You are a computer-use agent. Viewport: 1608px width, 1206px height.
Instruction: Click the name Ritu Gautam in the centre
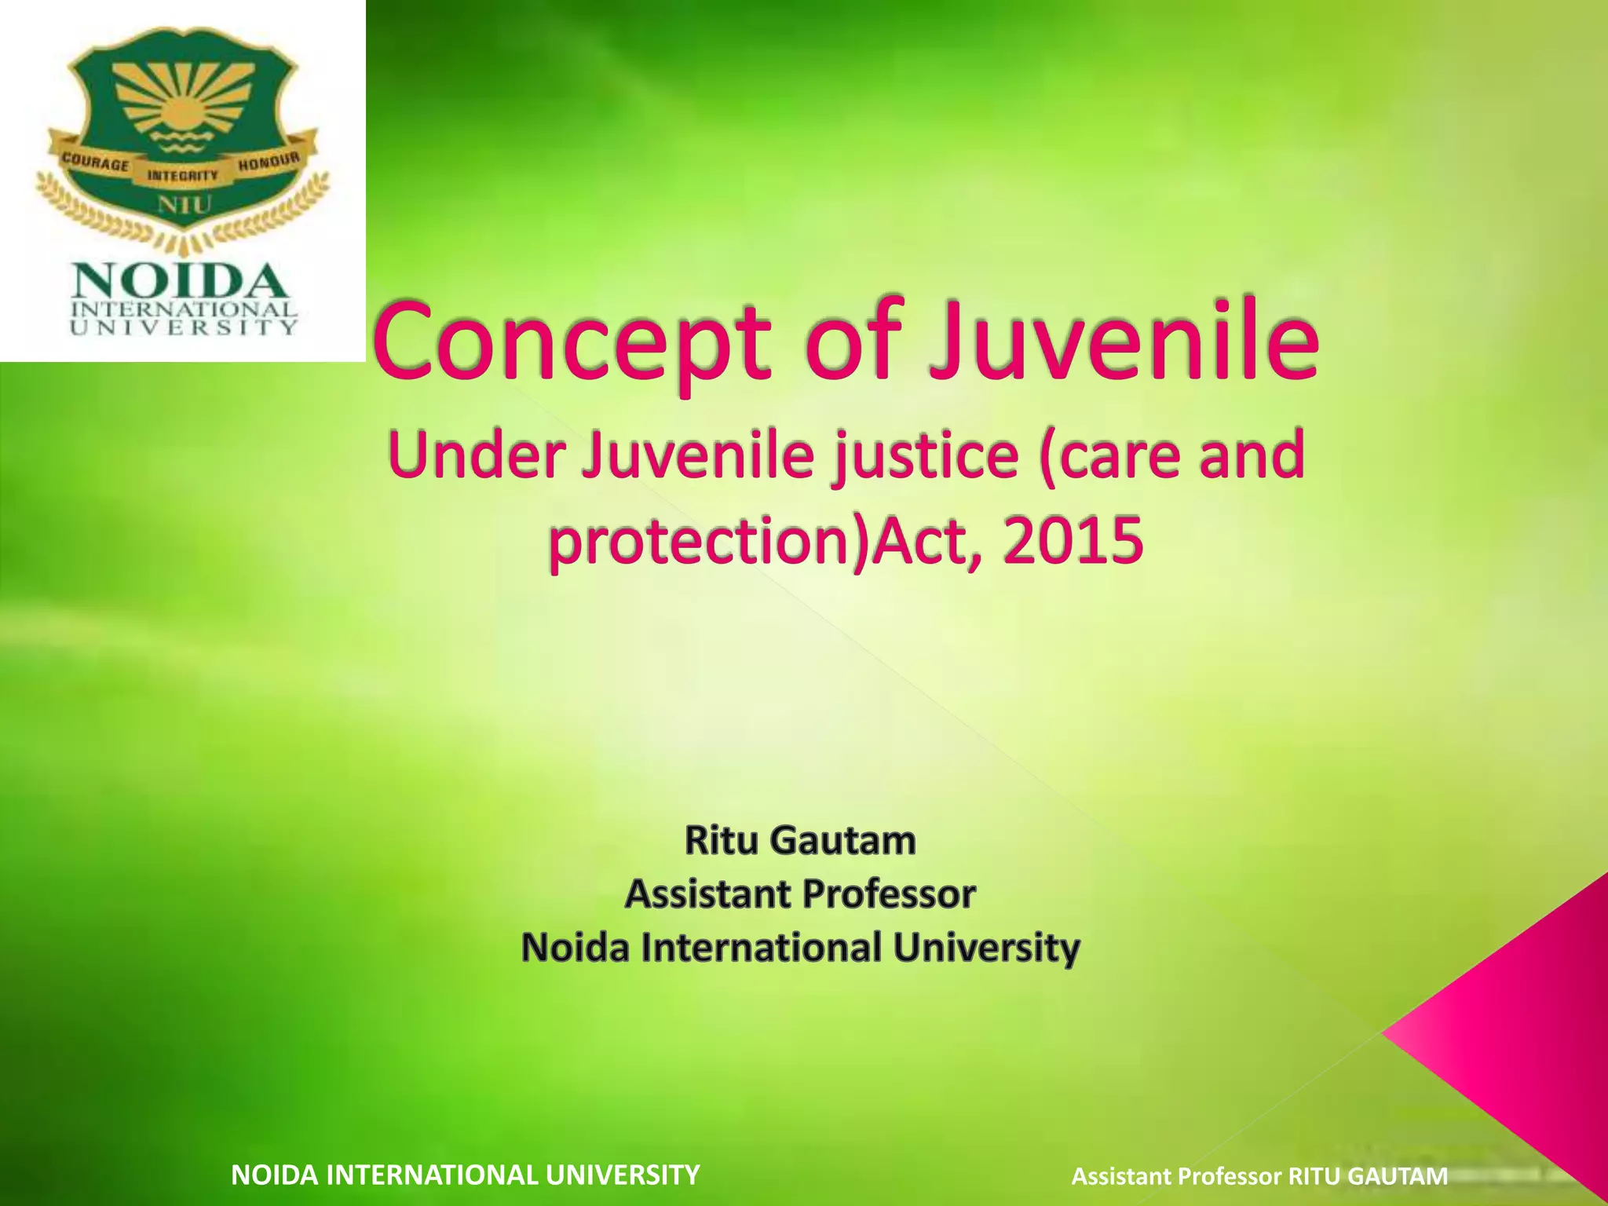(x=800, y=841)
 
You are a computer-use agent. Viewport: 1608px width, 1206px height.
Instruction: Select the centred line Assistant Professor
(x=800, y=894)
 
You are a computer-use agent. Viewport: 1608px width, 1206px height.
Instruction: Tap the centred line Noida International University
(x=800, y=947)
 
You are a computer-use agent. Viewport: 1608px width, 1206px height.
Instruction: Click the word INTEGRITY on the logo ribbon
(x=183, y=175)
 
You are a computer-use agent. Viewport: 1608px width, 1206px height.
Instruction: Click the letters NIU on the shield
(x=183, y=206)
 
